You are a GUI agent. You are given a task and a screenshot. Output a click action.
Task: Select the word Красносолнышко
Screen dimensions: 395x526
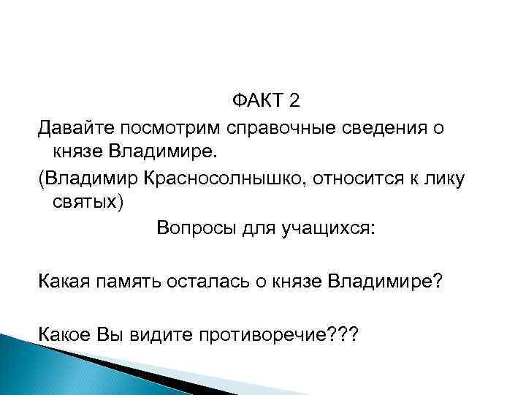pyautogui.click(x=243, y=178)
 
